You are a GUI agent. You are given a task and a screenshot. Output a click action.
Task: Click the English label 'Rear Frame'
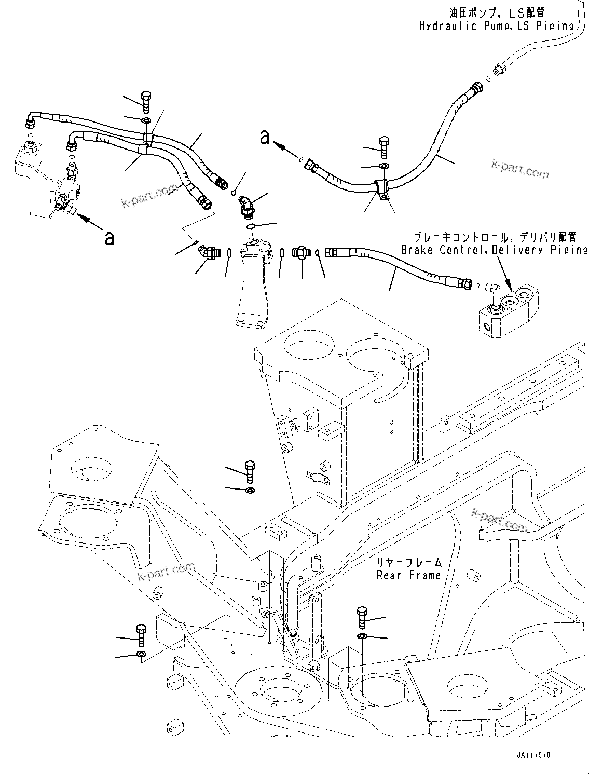point(408,575)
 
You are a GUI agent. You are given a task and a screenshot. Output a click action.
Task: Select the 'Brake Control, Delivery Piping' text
point(494,250)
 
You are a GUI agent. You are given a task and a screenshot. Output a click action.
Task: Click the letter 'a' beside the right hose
point(265,137)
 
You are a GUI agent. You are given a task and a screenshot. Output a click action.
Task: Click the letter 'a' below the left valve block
point(109,238)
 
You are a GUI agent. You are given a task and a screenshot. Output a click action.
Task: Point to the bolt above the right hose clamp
point(385,147)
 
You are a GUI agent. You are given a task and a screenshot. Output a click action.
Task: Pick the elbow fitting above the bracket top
point(244,205)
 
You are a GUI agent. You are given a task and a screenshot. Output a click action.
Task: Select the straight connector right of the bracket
point(301,253)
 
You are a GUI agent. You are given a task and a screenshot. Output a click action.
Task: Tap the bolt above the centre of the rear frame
point(249,470)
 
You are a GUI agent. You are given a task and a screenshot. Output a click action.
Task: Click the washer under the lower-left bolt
point(140,653)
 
